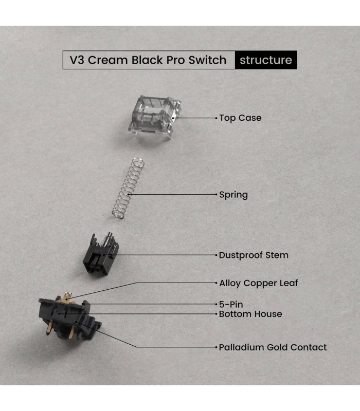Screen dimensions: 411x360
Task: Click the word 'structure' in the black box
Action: click(266, 60)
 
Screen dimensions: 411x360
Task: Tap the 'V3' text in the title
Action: click(77, 60)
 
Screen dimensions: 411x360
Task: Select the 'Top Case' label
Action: click(240, 118)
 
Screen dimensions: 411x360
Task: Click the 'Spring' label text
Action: click(233, 195)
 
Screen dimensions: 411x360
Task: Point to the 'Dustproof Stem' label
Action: click(254, 255)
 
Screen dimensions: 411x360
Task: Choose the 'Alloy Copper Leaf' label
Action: click(259, 283)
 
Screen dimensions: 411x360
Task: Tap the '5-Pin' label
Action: click(231, 304)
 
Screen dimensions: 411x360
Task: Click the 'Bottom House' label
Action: click(250, 313)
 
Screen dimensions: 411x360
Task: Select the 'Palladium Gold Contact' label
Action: click(273, 347)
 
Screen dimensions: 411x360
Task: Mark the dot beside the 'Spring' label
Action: click(216, 195)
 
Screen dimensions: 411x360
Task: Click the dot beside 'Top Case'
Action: click(216, 118)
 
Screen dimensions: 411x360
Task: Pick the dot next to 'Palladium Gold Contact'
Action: click(216, 347)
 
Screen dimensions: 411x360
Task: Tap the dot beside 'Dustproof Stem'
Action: click(216, 255)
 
